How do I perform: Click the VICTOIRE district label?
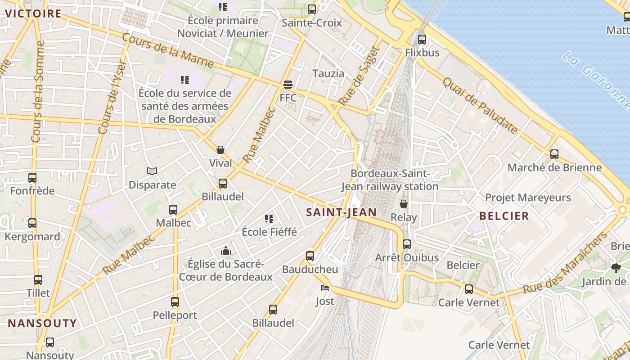pyautogui.click(x=33, y=13)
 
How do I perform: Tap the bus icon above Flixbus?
pyautogui.click(x=422, y=39)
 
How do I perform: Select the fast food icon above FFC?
pyautogui.click(x=288, y=84)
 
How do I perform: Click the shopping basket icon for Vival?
pyautogui.click(x=220, y=149)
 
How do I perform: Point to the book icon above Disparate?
pyautogui.click(x=152, y=171)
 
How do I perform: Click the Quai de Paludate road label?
pyautogui.click(x=480, y=106)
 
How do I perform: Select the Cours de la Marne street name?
pyautogui.click(x=168, y=49)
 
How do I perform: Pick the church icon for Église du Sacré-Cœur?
pyautogui.click(x=225, y=250)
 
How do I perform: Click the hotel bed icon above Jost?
pyautogui.click(x=324, y=288)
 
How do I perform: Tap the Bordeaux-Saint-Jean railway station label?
pyautogui.click(x=390, y=180)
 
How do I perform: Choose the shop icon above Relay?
pyautogui.click(x=404, y=204)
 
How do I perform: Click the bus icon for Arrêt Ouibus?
pyautogui.click(x=407, y=244)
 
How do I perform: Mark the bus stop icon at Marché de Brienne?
pyautogui.click(x=554, y=154)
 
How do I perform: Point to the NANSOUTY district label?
pyautogui.click(x=42, y=323)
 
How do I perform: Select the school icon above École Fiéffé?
pyautogui.click(x=269, y=219)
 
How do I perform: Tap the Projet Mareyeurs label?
pyautogui.click(x=527, y=198)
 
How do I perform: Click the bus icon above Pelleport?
pyautogui.click(x=175, y=301)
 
